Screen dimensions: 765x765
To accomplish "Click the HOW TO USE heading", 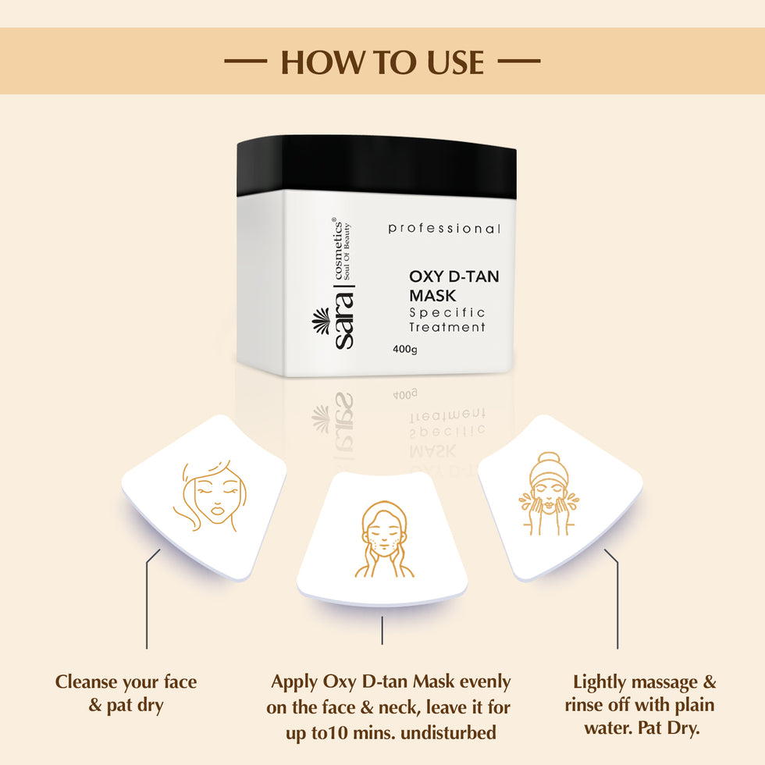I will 382,62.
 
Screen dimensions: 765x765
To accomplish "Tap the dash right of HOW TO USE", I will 518,61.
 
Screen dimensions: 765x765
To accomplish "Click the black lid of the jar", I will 376,165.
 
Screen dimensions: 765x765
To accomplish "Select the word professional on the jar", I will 443,229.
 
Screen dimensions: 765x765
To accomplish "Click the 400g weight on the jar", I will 405,349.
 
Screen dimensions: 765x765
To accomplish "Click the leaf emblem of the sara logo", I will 320,320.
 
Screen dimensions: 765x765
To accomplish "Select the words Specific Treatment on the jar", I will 447,319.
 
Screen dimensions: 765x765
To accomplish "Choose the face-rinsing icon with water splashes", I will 548,495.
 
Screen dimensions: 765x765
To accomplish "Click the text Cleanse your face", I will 126,682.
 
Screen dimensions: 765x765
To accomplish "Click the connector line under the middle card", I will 382,631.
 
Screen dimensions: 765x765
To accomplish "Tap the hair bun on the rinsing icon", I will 549,458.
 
